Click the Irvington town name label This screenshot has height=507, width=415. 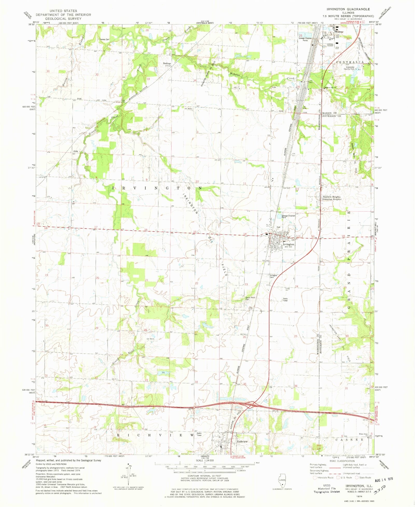[288, 244]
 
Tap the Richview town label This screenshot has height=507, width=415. [242, 441]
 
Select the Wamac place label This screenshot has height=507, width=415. [339, 32]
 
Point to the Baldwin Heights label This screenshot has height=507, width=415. [332, 197]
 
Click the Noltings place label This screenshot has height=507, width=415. [167, 63]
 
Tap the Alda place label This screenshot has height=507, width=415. [75, 151]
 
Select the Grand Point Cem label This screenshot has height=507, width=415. [251, 298]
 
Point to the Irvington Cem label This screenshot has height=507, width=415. [274, 276]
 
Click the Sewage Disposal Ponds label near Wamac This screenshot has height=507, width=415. [305, 39]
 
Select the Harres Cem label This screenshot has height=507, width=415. [105, 39]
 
